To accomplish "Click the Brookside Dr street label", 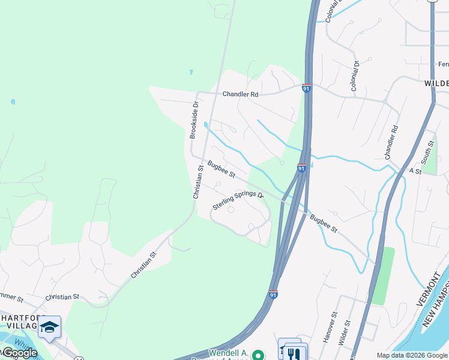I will (194, 120).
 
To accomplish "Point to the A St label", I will (415, 171).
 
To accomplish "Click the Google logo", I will (19, 353).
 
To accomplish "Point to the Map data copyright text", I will (411, 355).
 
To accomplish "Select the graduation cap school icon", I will (49, 327).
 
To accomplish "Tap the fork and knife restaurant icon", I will (294, 353).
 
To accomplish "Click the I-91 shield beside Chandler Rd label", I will (307, 88).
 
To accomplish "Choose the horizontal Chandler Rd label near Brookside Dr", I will (240, 94).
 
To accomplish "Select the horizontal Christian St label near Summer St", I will (62, 297).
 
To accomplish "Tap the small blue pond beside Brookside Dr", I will (206, 125).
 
